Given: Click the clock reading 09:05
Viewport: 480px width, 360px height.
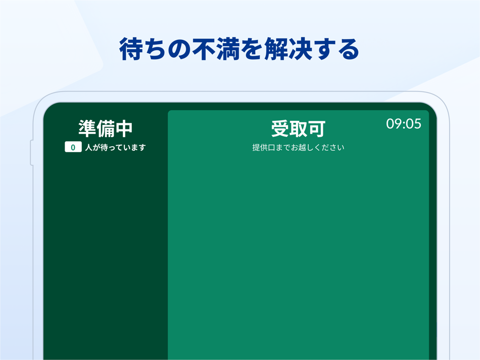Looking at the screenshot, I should [404, 124].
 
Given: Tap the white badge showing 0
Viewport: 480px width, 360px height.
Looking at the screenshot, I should [73, 148].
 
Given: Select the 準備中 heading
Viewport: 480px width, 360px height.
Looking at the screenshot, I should [105, 128].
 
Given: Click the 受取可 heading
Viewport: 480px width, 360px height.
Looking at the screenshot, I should [298, 129].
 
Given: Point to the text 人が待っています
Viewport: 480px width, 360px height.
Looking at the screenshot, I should [115, 148].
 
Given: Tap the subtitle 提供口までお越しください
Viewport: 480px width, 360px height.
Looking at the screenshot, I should [298, 148].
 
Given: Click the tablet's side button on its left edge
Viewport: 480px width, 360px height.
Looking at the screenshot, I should [32, 153].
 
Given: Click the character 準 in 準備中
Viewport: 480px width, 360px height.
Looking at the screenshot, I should [87, 128].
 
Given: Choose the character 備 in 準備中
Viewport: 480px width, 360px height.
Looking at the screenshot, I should [105, 128].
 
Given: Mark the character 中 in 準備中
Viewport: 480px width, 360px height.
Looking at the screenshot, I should [123, 128].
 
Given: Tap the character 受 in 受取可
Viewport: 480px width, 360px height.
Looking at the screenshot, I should [280, 129].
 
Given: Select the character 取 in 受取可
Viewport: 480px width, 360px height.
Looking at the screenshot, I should [298, 129].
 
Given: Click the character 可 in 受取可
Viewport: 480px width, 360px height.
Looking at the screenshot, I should [316, 129].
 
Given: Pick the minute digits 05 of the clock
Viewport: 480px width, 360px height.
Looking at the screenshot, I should [413, 124].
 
